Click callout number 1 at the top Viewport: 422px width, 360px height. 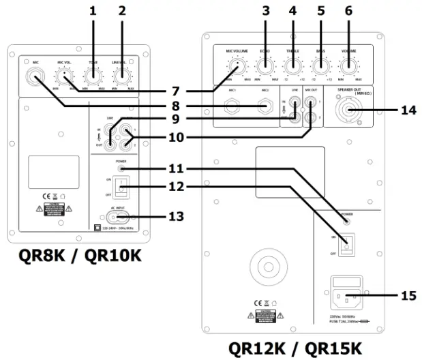pos(93,12)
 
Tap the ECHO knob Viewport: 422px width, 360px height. pos(264,66)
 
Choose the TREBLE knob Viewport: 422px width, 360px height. pos(291,66)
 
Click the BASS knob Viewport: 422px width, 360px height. pos(318,66)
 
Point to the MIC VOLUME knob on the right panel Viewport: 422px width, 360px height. pos(237,66)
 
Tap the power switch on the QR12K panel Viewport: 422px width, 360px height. pos(348,241)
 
